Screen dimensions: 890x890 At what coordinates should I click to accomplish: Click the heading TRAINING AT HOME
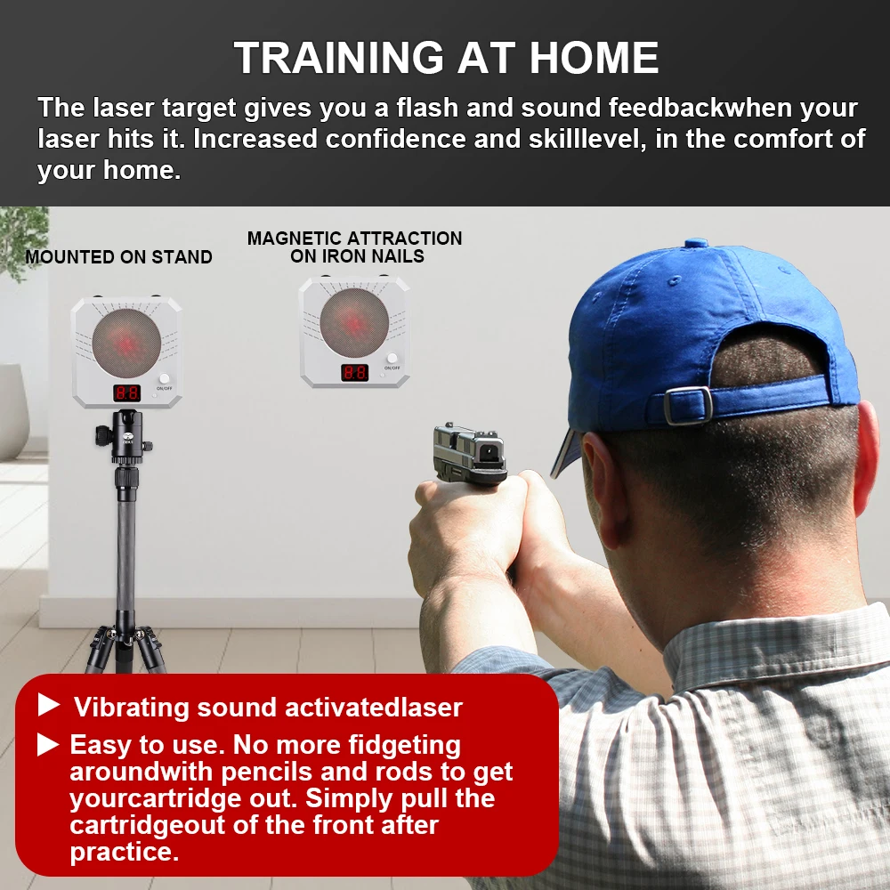446,58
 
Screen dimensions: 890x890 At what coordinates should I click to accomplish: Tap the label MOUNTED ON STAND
118,257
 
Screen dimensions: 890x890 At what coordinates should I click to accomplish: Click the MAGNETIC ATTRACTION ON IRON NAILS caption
354,247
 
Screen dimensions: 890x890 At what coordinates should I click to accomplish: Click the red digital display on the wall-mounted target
354,372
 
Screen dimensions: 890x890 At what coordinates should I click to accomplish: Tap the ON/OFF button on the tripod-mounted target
164,379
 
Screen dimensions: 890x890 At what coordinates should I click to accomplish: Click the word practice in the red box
125,852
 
